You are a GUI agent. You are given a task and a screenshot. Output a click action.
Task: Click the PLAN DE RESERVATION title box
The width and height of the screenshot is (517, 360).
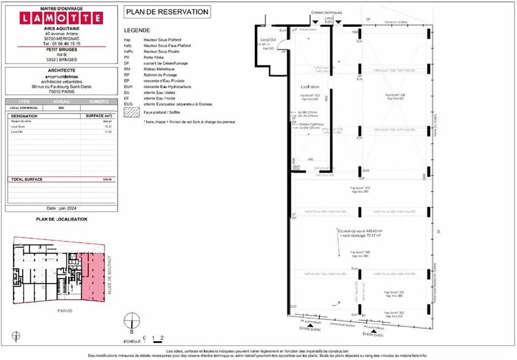tap(167, 12)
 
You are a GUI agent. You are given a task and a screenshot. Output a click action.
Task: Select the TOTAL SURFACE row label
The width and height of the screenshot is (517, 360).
tap(26, 179)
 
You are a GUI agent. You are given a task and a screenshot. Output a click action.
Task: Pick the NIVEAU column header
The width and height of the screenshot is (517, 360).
tap(61, 101)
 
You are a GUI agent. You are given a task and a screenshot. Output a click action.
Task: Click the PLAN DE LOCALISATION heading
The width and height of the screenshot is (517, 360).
tap(61, 219)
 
